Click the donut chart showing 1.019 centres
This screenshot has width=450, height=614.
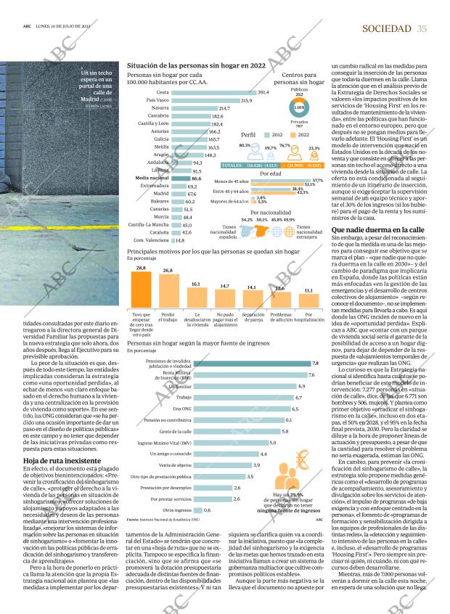pyautogui.click(x=298, y=107)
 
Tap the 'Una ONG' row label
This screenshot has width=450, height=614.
pyautogui.click(x=162, y=409)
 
